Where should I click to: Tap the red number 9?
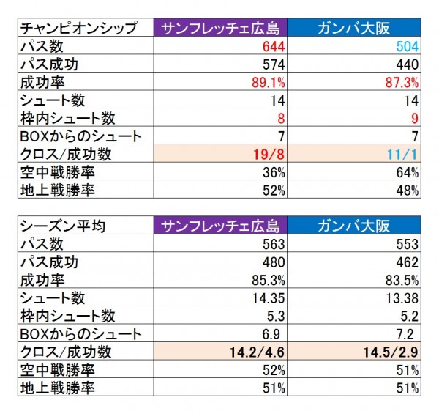414,117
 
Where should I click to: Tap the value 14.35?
265,297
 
